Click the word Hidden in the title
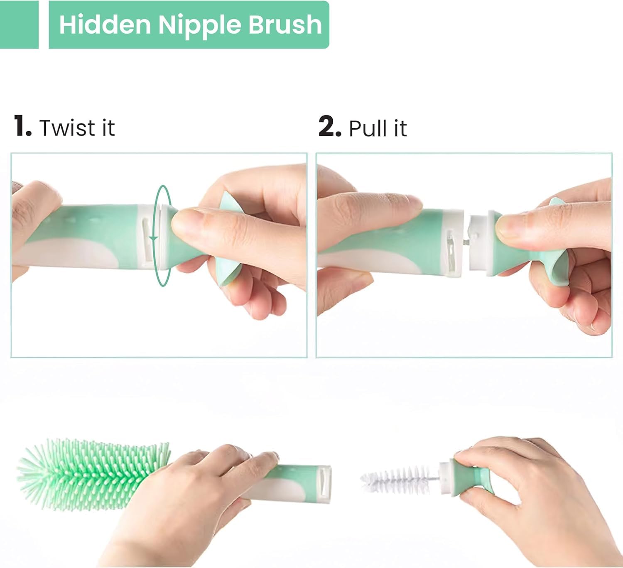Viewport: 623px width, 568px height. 105,24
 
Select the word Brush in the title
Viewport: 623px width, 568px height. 285,24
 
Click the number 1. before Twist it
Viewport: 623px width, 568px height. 23,125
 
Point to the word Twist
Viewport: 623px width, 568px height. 67,127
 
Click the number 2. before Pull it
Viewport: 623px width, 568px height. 330,126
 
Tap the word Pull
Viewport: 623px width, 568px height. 368,127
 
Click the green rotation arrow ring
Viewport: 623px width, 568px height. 155,236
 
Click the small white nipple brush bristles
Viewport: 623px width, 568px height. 400,480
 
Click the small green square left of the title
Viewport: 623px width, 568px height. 19,24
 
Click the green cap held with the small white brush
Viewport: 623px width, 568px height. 472,479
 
